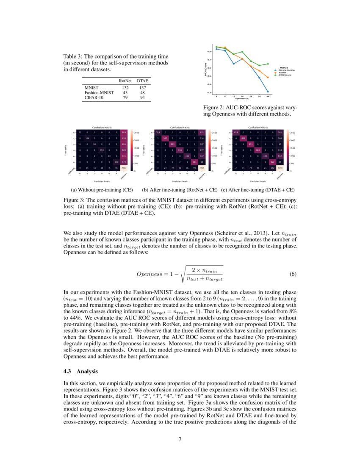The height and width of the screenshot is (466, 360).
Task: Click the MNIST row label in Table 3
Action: (92, 87)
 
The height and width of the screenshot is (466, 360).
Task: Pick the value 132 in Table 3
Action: (125, 87)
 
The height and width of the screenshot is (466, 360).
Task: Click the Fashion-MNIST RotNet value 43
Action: (125, 92)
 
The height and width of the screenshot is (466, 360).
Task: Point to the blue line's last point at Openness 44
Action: (268, 91)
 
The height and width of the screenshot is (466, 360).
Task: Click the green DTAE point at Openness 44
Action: (268, 64)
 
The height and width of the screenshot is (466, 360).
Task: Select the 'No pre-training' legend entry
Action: (286, 70)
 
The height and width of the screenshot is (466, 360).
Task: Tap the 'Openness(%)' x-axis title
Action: (241, 98)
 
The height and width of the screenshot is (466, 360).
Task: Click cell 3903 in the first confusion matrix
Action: (124, 168)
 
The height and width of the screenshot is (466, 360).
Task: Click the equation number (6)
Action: (293, 274)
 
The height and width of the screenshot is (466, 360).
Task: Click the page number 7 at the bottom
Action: (180, 439)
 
